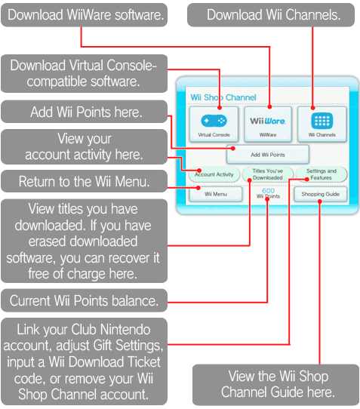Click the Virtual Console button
tap(214, 125)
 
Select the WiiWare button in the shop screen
tap(268, 125)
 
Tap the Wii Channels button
tap(322, 125)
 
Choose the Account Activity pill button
tap(214, 174)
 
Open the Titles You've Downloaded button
tap(268, 174)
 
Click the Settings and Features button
tap(322, 174)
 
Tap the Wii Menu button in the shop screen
tap(216, 194)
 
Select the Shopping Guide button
tap(321, 194)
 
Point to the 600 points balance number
tap(268, 190)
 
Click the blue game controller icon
tap(214, 121)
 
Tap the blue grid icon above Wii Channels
tap(322, 121)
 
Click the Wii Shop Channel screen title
tap(223, 97)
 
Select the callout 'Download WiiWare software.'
tap(85, 15)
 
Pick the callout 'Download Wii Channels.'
tap(271, 15)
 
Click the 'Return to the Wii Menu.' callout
tap(85, 181)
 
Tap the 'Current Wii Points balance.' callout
tap(85, 300)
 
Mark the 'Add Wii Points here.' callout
tap(85, 112)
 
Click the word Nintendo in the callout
tap(125, 330)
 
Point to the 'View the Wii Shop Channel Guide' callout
tap(276, 385)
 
